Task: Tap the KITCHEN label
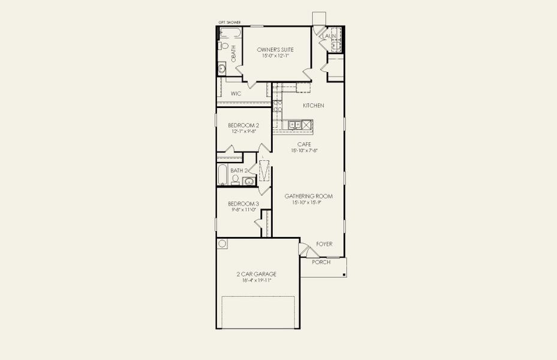(313, 106)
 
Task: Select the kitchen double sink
(294, 125)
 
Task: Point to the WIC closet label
(236, 94)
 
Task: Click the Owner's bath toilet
(224, 46)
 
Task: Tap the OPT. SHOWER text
(229, 22)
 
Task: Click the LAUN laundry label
(329, 37)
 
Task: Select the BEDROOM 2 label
(243, 125)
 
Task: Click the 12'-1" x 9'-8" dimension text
(243, 131)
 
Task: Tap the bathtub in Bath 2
(222, 175)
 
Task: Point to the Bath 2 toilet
(236, 179)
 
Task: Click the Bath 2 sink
(249, 181)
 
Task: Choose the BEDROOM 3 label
(243, 204)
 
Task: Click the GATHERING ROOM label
(308, 196)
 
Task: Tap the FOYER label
(324, 244)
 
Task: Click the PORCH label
(321, 262)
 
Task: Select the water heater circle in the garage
(222, 244)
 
